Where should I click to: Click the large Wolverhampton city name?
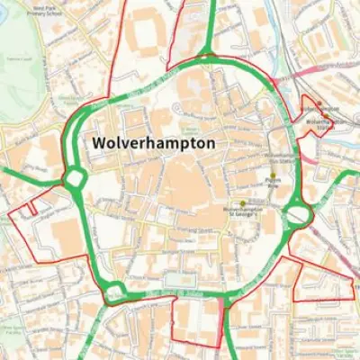pyautogui.click(x=154, y=144)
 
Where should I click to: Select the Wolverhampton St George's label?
pyautogui.click(x=241, y=212)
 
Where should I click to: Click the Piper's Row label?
pyautogui.click(x=274, y=184)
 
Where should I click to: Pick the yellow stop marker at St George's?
pyautogui.click(x=241, y=202)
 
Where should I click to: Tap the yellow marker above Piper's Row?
pyautogui.click(x=273, y=175)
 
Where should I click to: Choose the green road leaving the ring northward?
pyautogui.click(x=210, y=27)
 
